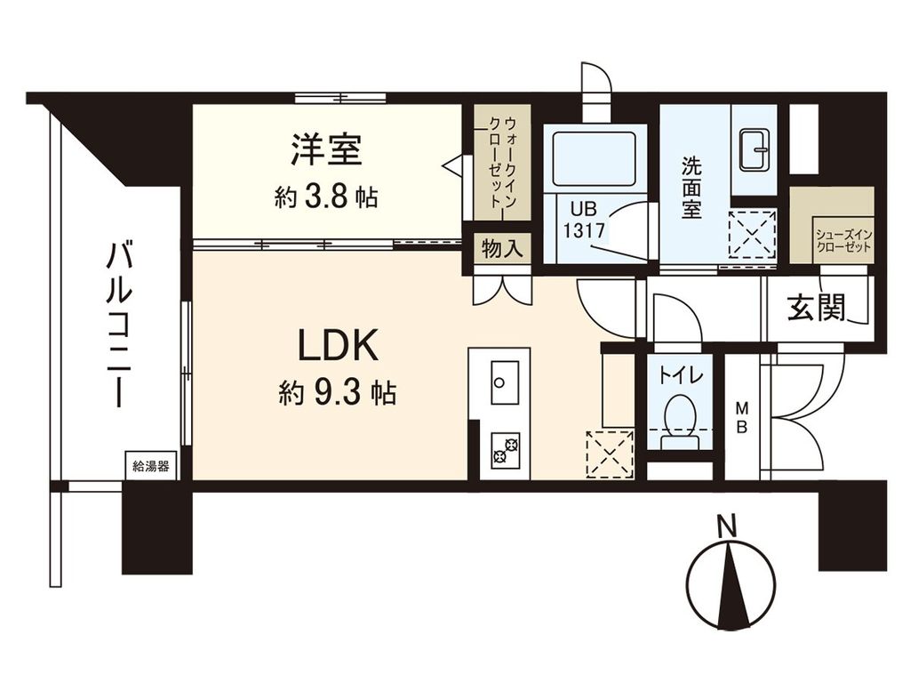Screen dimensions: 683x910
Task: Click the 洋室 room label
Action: (x=326, y=149)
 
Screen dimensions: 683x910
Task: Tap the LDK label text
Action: (x=338, y=347)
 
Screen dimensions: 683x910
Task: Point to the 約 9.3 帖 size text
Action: (x=338, y=393)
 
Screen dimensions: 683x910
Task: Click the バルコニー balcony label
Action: (x=118, y=324)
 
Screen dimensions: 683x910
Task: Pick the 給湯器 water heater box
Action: (x=150, y=465)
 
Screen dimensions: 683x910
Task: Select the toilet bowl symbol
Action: (x=680, y=415)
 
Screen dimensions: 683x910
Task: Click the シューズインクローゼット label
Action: (x=832, y=239)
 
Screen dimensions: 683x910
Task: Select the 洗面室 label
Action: (x=692, y=189)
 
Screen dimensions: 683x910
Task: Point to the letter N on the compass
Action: (x=727, y=526)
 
